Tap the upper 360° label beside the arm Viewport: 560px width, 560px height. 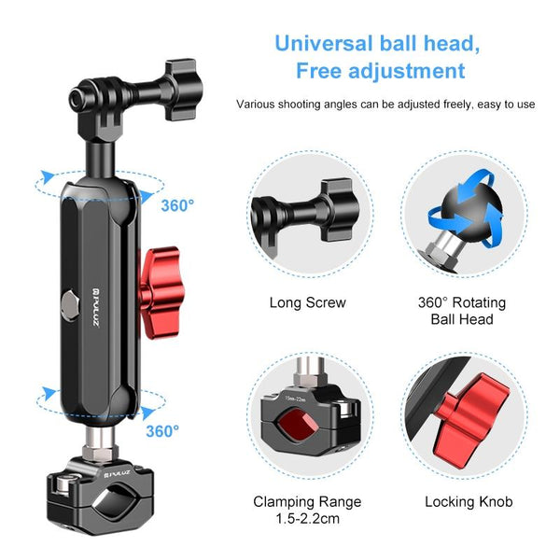tap(176, 205)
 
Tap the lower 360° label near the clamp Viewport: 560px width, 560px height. tap(162, 430)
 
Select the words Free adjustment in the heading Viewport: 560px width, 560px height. tap(380, 71)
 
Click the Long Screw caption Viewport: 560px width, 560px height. tap(307, 302)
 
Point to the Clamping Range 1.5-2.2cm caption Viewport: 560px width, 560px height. tap(307, 510)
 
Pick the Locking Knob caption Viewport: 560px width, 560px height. tap(468, 501)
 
